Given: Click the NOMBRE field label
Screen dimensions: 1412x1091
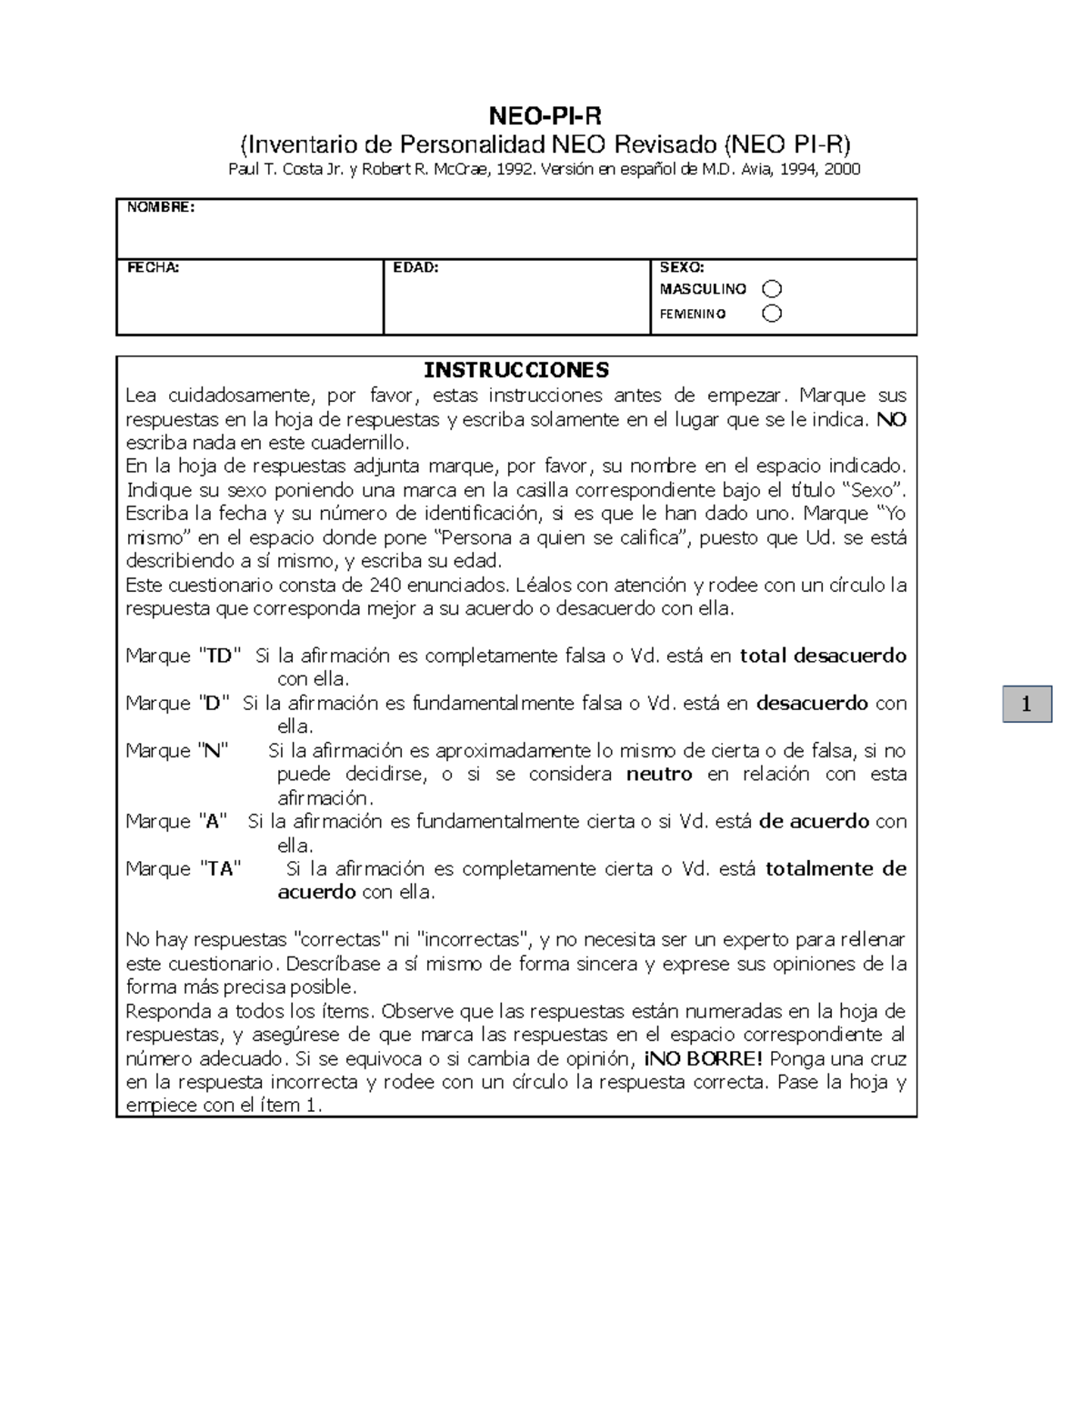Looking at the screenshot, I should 160,207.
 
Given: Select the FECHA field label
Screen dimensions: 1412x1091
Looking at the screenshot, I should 153,267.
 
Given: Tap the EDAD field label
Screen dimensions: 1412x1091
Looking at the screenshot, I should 415,267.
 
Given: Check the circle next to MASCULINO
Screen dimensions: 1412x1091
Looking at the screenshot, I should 772,289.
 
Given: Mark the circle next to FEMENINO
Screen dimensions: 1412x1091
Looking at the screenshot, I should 772,314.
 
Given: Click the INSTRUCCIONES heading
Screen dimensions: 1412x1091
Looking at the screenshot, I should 515,370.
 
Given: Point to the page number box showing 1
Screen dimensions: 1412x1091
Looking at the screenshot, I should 1026,704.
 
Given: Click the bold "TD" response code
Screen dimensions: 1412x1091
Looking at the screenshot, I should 220,656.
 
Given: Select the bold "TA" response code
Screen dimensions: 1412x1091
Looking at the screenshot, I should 220,868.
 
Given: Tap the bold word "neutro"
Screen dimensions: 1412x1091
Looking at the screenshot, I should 659,774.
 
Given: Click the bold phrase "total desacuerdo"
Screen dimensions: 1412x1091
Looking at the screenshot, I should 823,656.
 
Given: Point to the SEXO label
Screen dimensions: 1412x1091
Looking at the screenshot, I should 681,267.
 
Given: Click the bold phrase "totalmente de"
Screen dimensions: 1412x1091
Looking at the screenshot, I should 836,868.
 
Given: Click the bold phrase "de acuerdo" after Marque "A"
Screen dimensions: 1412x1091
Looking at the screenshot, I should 814,821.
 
